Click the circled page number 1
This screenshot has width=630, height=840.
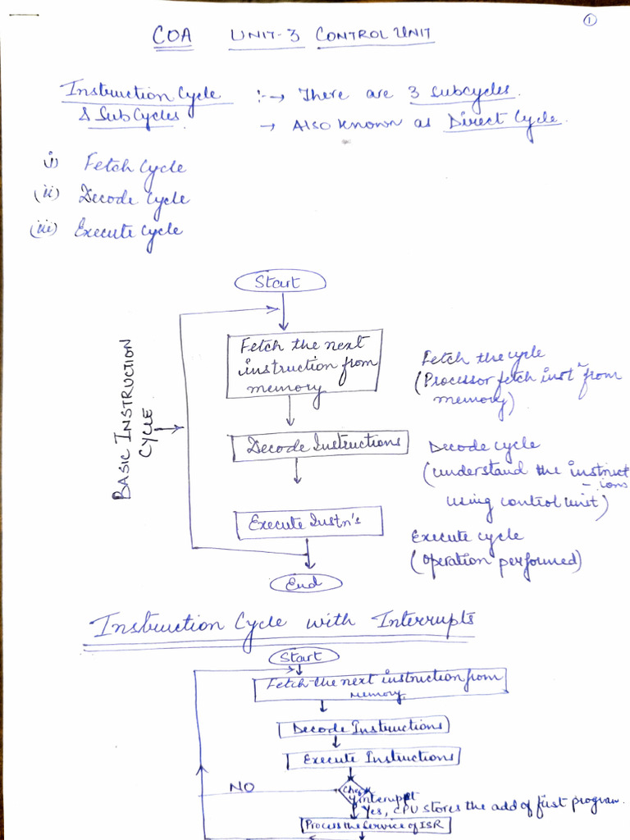[x=589, y=22]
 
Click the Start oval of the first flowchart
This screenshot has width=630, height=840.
[x=280, y=282]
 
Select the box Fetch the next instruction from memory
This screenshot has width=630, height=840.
[x=304, y=364]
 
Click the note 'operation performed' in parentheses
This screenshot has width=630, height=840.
[x=495, y=562]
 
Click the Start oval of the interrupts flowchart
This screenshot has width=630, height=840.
[x=304, y=657]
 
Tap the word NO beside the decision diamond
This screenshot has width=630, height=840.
[x=242, y=787]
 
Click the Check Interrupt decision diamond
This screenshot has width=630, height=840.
[x=347, y=792]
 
